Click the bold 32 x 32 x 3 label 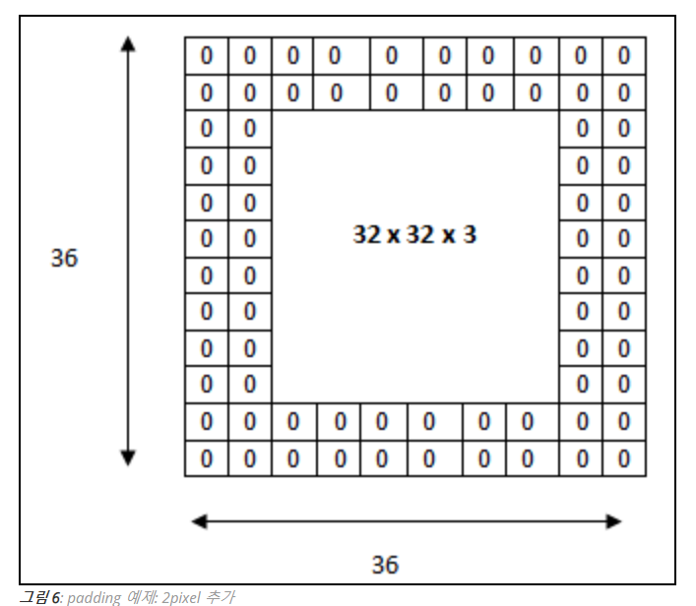click(414, 235)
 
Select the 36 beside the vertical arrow click(64, 258)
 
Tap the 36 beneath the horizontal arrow click(385, 564)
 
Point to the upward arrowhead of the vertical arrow click(128, 43)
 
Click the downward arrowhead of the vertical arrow click(128, 457)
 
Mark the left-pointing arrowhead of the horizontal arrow click(199, 520)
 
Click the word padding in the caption click(95, 596)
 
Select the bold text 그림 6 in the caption click(40, 596)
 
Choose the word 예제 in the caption click(139, 596)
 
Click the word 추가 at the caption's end click(219, 596)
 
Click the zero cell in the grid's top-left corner click(207, 56)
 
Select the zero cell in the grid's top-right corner click(624, 56)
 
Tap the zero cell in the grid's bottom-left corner click(207, 458)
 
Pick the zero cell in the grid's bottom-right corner click(624, 458)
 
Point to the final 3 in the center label click(471, 235)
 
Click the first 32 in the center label click(364, 235)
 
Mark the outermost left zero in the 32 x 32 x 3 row click(207, 239)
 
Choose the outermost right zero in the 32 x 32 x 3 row click(624, 239)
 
